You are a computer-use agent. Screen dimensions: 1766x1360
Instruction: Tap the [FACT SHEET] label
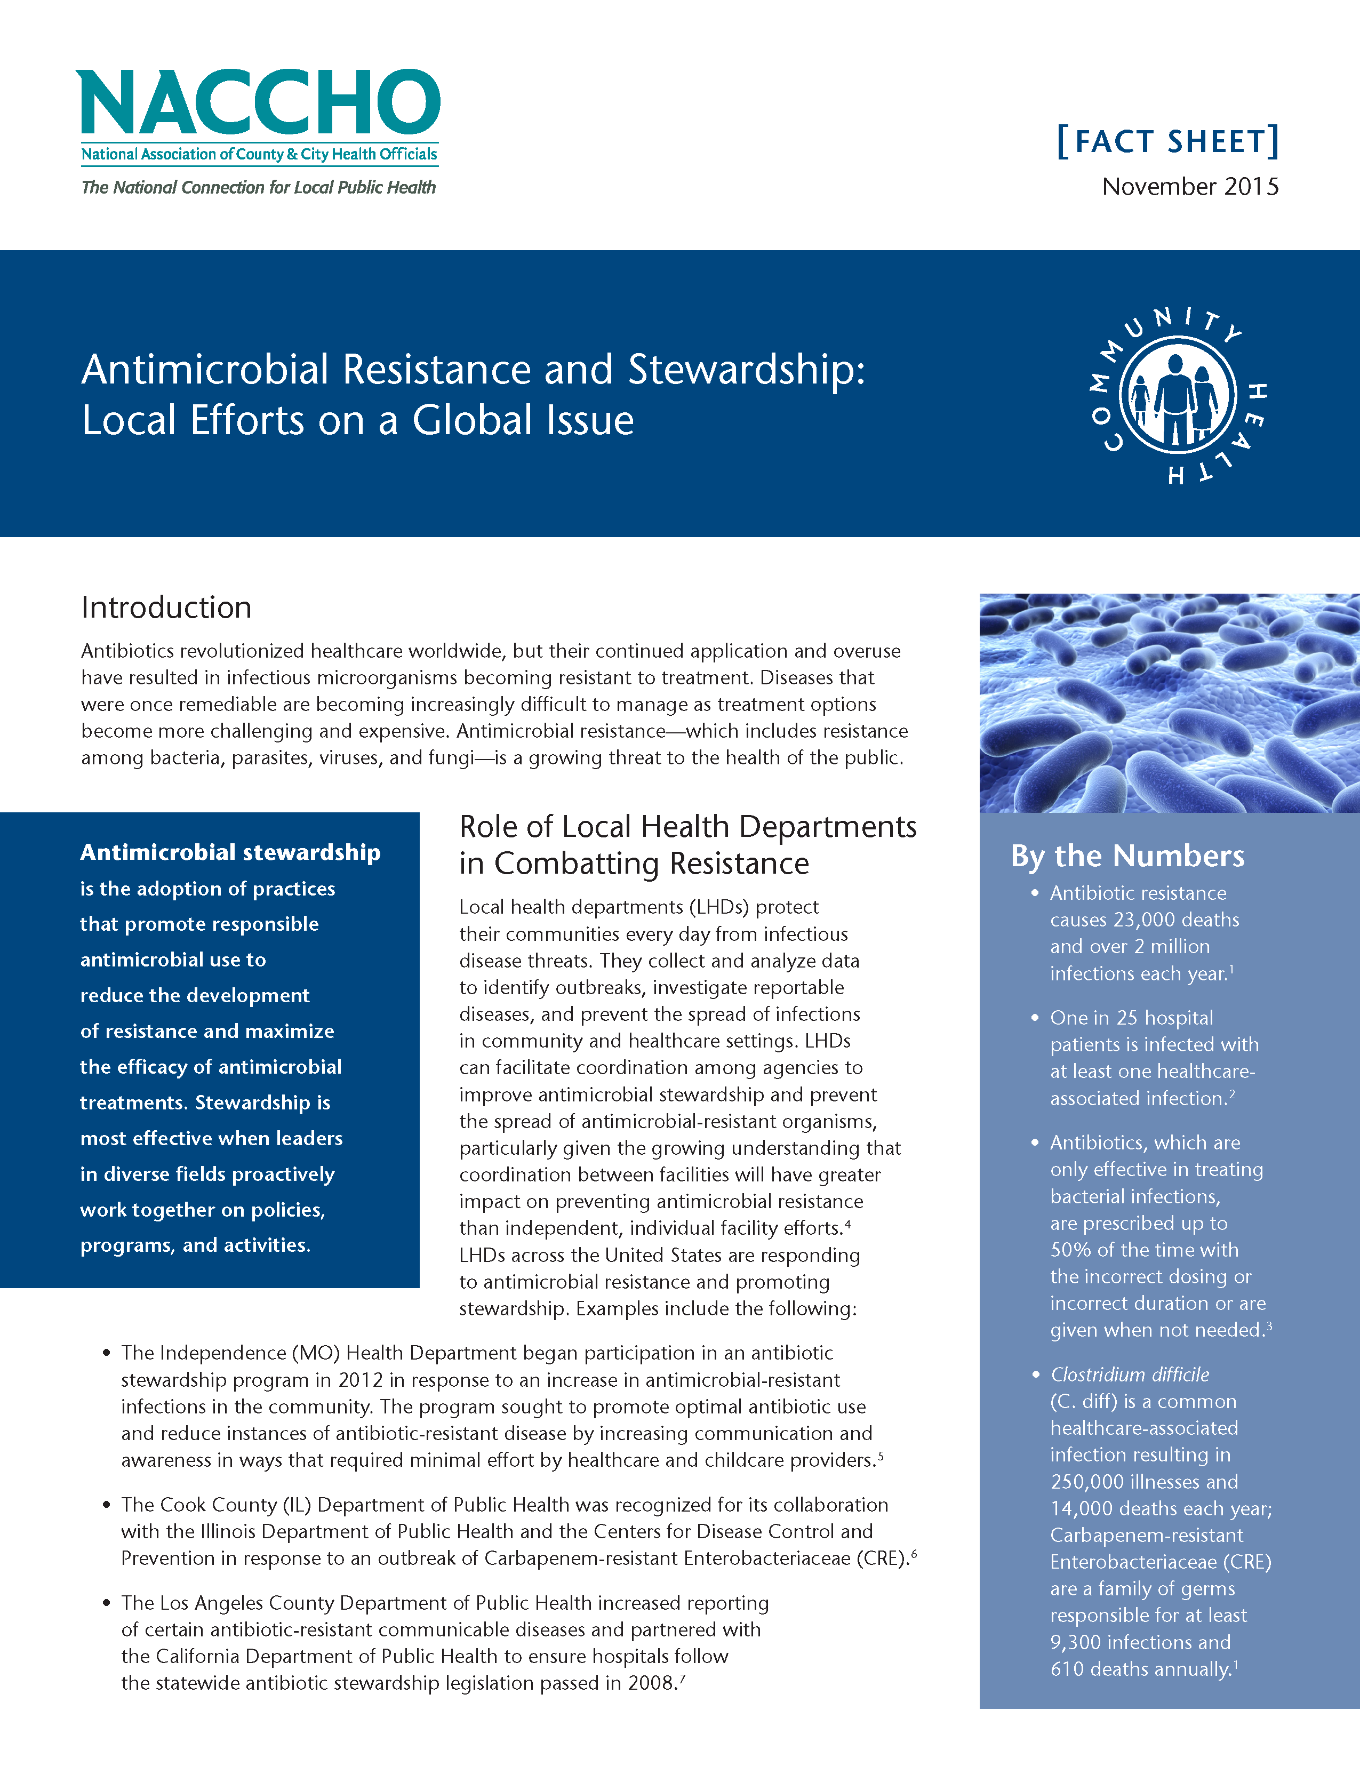click(x=1167, y=141)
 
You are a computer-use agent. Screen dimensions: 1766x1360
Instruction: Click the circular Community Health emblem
click(x=1177, y=395)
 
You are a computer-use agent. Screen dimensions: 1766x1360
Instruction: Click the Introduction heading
click(x=166, y=608)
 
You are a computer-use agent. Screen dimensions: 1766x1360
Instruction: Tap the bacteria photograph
click(x=1169, y=702)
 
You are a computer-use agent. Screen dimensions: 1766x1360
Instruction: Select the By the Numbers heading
click(x=1127, y=856)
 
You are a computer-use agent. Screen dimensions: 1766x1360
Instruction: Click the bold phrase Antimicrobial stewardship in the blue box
click(x=230, y=852)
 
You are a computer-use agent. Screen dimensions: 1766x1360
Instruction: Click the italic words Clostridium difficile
click(x=1130, y=1375)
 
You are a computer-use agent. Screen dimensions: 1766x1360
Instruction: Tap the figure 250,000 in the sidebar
click(x=1087, y=1482)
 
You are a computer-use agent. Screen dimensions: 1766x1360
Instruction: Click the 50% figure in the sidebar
click(x=1070, y=1250)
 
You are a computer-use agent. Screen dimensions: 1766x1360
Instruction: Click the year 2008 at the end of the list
click(x=651, y=1683)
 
